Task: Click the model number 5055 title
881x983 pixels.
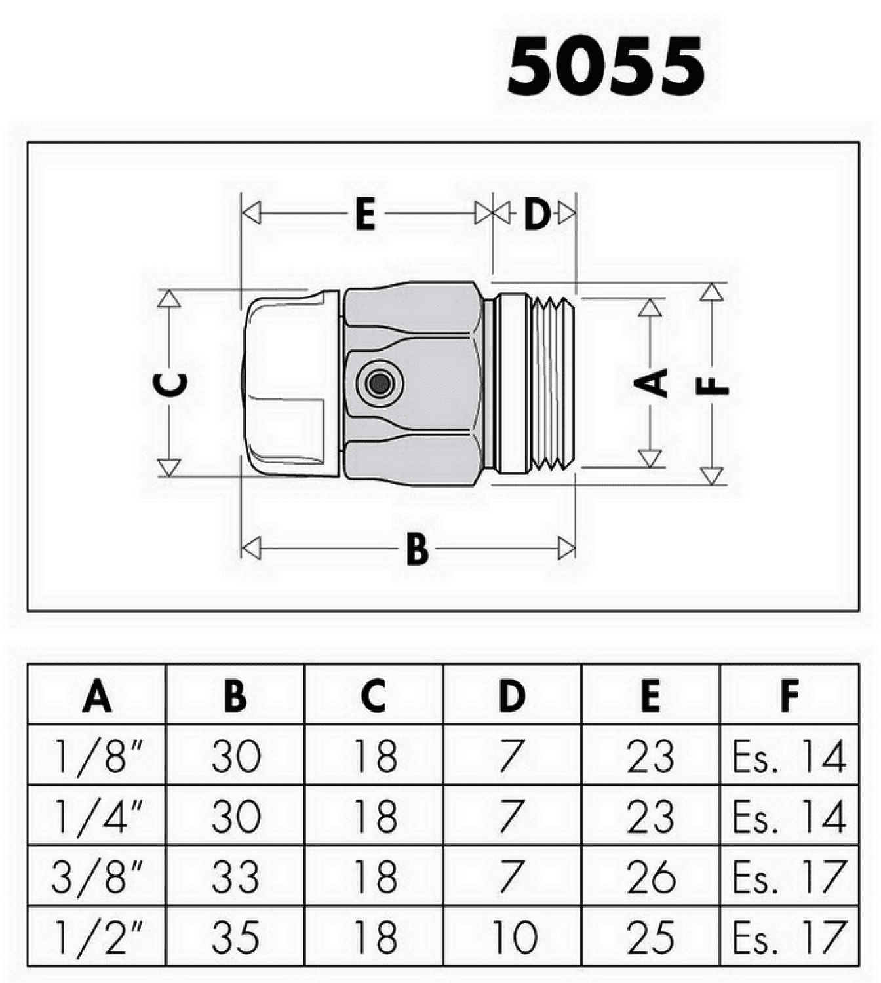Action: tap(605, 66)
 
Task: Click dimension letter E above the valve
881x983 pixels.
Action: tap(365, 214)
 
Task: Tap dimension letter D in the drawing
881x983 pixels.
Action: tap(537, 214)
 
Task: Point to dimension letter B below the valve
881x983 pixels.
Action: tap(418, 549)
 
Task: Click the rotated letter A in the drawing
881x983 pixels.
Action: tap(650, 382)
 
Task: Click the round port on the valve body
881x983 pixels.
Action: tap(379, 384)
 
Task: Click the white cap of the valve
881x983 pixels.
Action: tap(290, 383)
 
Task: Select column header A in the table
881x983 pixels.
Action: tap(97, 696)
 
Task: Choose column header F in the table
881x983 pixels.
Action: tap(790, 696)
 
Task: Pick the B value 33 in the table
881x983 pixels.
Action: tap(235, 877)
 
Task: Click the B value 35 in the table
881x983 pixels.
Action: tap(235, 938)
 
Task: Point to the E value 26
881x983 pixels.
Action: tap(650, 877)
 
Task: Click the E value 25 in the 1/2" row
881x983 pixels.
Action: tap(650, 938)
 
